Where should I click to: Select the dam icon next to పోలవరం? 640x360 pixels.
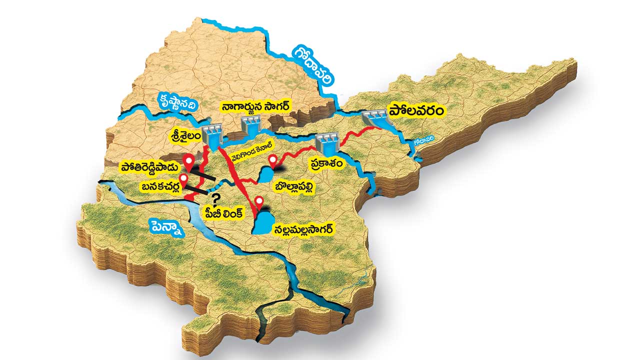pyautogui.click(x=375, y=119)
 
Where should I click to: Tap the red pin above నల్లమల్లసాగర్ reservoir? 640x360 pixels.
pyautogui.click(x=259, y=203)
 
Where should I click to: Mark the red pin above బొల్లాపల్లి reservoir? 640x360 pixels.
pyautogui.click(x=272, y=161)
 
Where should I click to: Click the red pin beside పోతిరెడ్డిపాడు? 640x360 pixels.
pyautogui.click(x=188, y=161)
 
